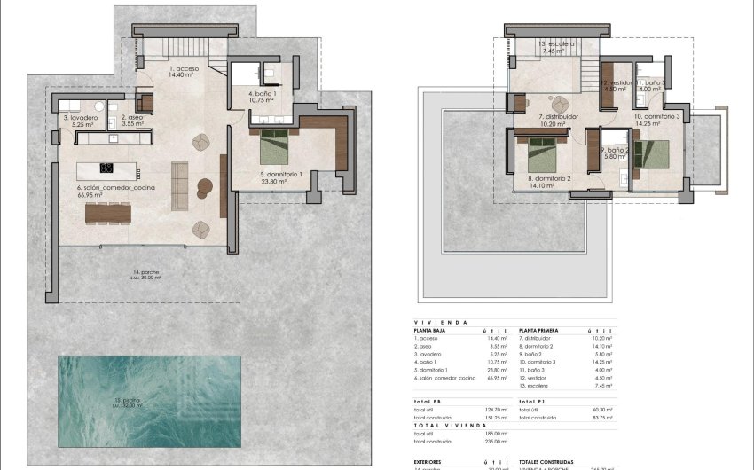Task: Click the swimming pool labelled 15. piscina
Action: pyautogui.click(x=149, y=401)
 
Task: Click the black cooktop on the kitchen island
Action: pyautogui.click(x=106, y=167)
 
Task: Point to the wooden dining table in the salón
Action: pyautogui.click(x=108, y=214)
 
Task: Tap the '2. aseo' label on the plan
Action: pyautogui.click(x=131, y=117)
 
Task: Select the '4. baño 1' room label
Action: pyautogui.click(x=263, y=93)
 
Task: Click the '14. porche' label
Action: pyautogui.click(x=146, y=272)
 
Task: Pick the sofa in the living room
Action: pyautogui.click(x=179, y=184)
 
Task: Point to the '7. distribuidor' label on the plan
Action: pyautogui.click(x=558, y=117)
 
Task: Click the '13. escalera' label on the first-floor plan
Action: pyautogui.click(x=557, y=43)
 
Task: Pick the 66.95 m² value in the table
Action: pyautogui.click(x=497, y=377)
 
